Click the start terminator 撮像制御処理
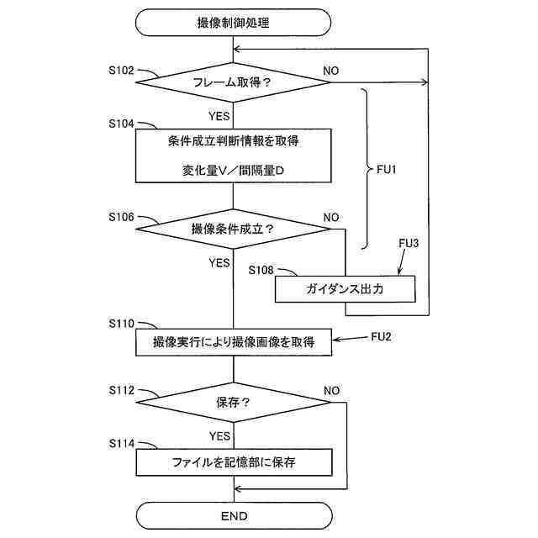pyautogui.click(x=233, y=23)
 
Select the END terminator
pyautogui.click(x=233, y=515)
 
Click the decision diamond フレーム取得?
pyautogui.click(x=233, y=82)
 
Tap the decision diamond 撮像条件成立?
pyautogui.click(x=233, y=229)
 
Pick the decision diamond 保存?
pyautogui.click(x=233, y=402)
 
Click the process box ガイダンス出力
pyautogui.click(x=345, y=289)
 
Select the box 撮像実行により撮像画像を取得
pyautogui.click(x=233, y=341)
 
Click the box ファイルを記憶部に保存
pyautogui.click(x=233, y=462)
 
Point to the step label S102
pyautogui.click(x=121, y=71)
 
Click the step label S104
pyautogui.click(x=121, y=123)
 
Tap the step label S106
pyautogui.click(x=121, y=216)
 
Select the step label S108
pyautogui.click(x=262, y=271)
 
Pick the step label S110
pyautogui.click(x=121, y=323)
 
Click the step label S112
pyautogui.click(x=121, y=390)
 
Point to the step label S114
pyautogui.click(x=121, y=443)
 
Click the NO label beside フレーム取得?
pyautogui.click(x=330, y=71)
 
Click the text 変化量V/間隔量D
pyautogui.click(x=233, y=169)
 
